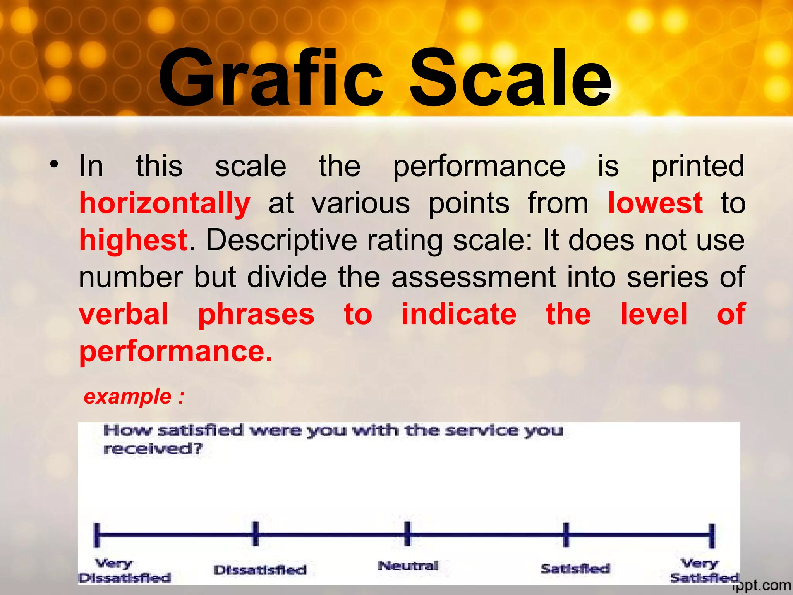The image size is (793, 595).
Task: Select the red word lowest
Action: (x=655, y=203)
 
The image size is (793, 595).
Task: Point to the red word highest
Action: (x=133, y=240)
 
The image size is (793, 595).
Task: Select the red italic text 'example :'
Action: (x=134, y=397)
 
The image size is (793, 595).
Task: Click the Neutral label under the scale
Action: (x=408, y=566)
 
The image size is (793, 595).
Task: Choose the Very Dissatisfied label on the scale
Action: (x=125, y=571)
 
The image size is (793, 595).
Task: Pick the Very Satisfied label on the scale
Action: (x=704, y=571)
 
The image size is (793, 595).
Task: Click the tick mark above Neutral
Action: (x=407, y=534)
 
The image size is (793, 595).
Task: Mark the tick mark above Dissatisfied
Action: (x=256, y=534)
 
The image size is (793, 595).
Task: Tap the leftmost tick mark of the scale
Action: (x=97, y=535)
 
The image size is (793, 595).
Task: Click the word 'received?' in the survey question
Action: (x=153, y=449)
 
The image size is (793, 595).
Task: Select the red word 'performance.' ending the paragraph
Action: (x=176, y=351)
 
